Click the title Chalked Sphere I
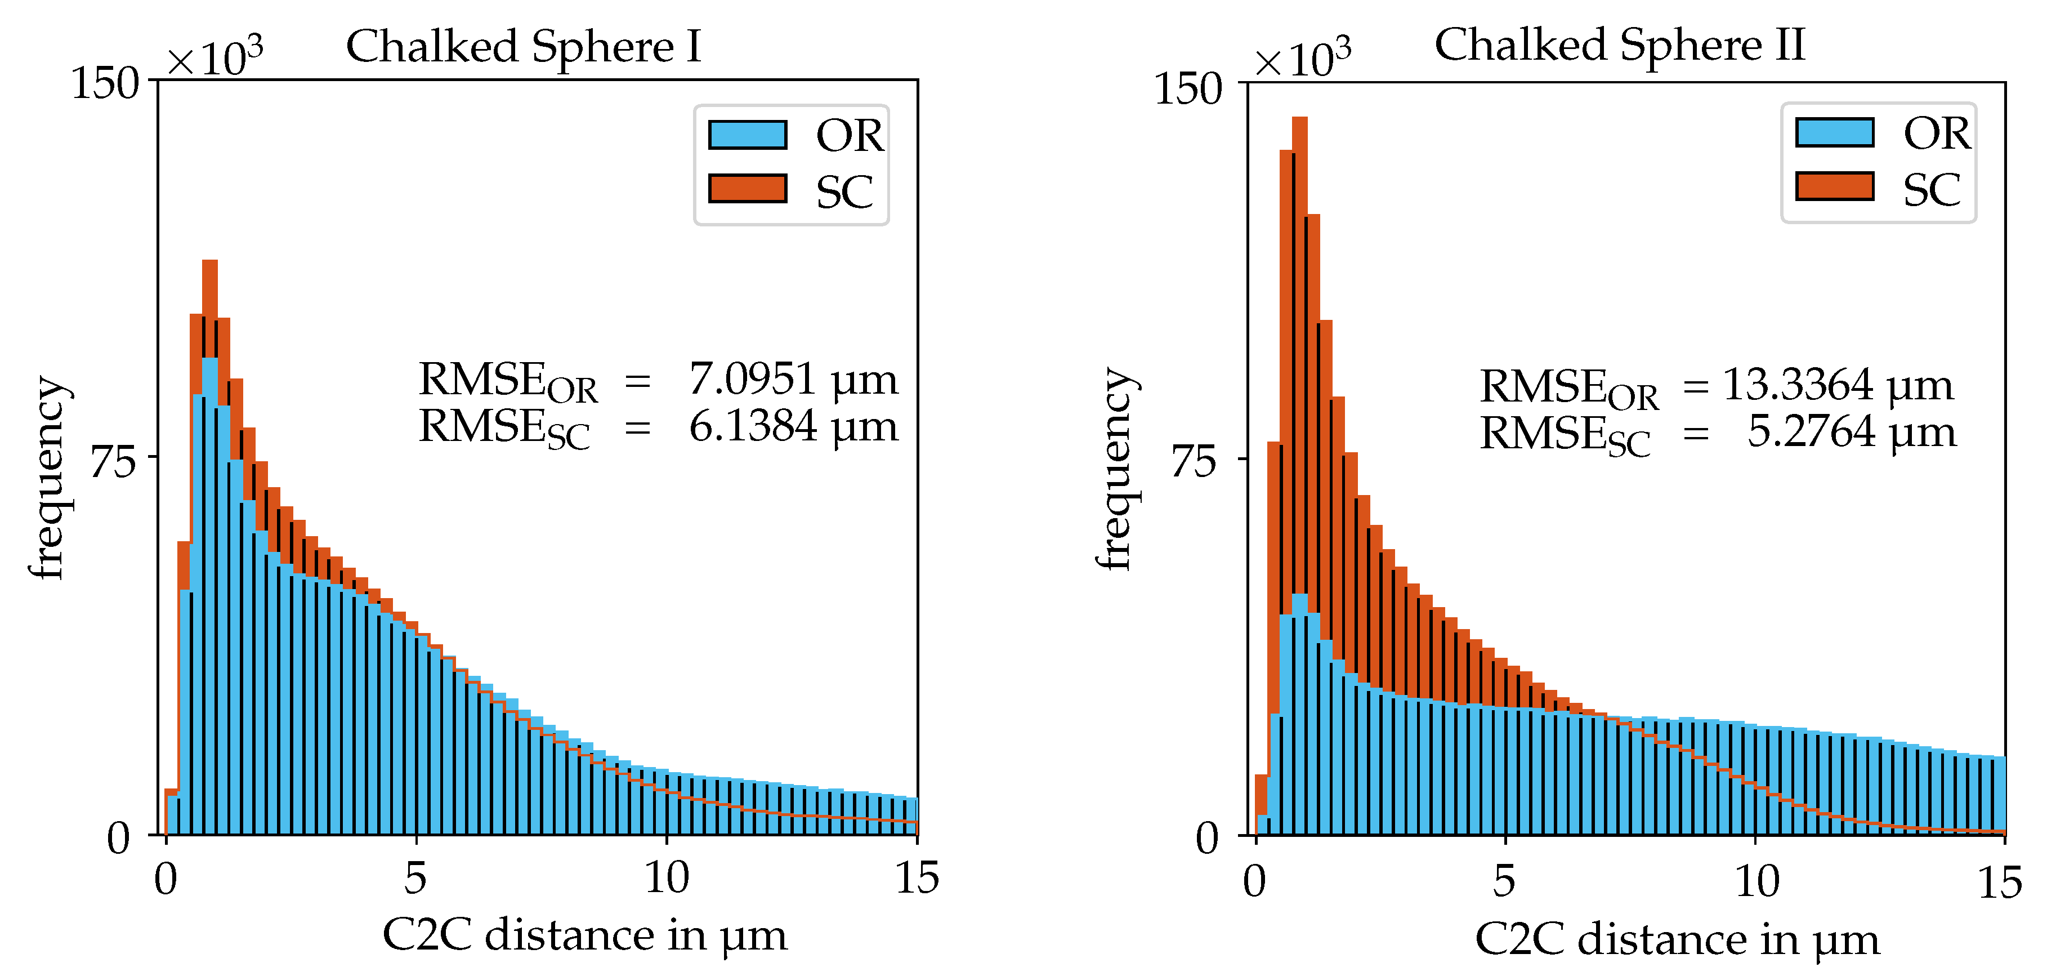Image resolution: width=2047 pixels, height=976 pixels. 524,46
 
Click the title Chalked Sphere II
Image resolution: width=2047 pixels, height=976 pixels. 1620,44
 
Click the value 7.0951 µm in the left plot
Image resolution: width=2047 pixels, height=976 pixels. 792,379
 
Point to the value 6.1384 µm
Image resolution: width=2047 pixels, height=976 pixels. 792,427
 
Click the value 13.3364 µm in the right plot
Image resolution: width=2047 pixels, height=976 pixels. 1837,385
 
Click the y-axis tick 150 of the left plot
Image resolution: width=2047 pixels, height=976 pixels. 105,83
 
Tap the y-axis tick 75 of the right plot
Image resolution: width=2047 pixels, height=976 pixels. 1194,461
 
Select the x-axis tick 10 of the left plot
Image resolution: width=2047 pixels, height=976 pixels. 666,878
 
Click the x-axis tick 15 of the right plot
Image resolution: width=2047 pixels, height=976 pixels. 1999,882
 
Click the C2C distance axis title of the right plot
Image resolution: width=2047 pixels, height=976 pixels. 1677,939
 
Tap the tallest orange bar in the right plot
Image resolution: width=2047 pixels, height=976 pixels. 1299,318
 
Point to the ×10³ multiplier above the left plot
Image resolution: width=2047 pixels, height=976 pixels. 214,57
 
